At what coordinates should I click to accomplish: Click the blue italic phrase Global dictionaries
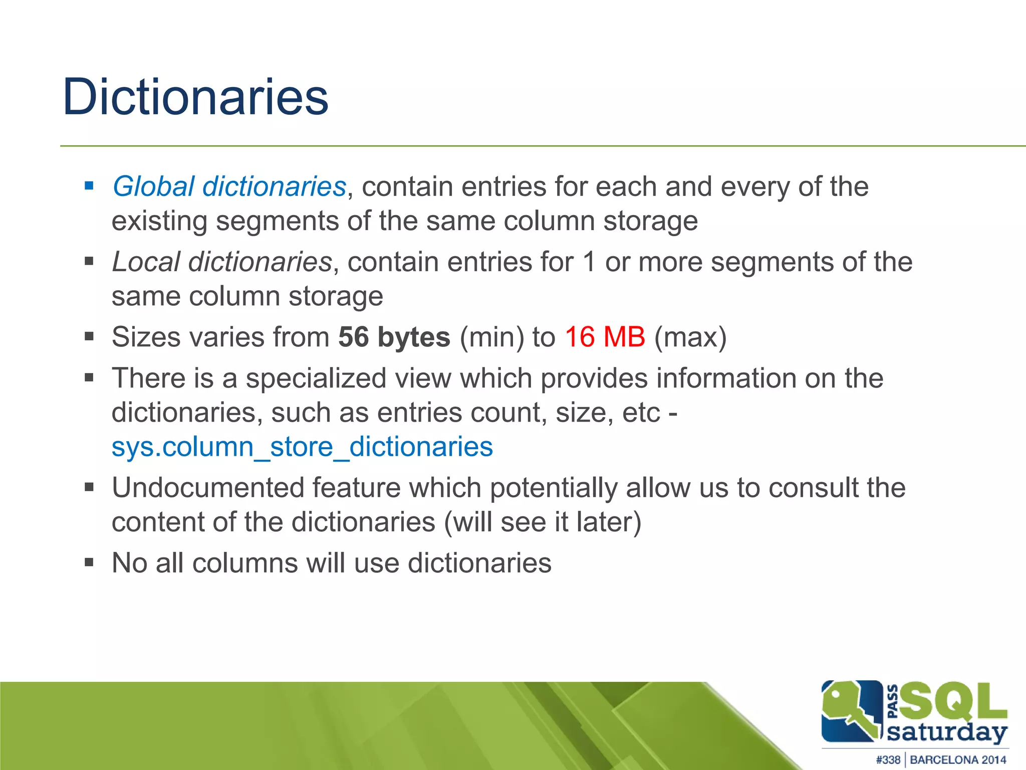pyautogui.click(x=229, y=186)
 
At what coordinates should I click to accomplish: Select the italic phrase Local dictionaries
pyautogui.click(x=222, y=262)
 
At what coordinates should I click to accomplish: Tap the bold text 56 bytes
pyautogui.click(x=394, y=337)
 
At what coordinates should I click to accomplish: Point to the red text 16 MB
pyautogui.click(x=605, y=337)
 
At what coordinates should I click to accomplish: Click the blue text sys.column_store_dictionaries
pyautogui.click(x=302, y=447)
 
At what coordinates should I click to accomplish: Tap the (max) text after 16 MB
pyautogui.click(x=690, y=337)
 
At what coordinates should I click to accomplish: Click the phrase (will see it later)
pyautogui.click(x=543, y=522)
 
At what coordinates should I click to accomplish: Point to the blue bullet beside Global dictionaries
pyautogui.click(x=89, y=186)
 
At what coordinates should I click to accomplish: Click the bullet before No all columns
pyautogui.click(x=89, y=562)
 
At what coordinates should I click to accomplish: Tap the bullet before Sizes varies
pyautogui.click(x=89, y=336)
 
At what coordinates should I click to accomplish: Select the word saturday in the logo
pyautogui.click(x=947, y=732)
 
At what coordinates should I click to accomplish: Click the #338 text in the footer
pyautogui.click(x=888, y=759)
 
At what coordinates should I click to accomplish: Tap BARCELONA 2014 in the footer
pyautogui.click(x=958, y=759)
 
